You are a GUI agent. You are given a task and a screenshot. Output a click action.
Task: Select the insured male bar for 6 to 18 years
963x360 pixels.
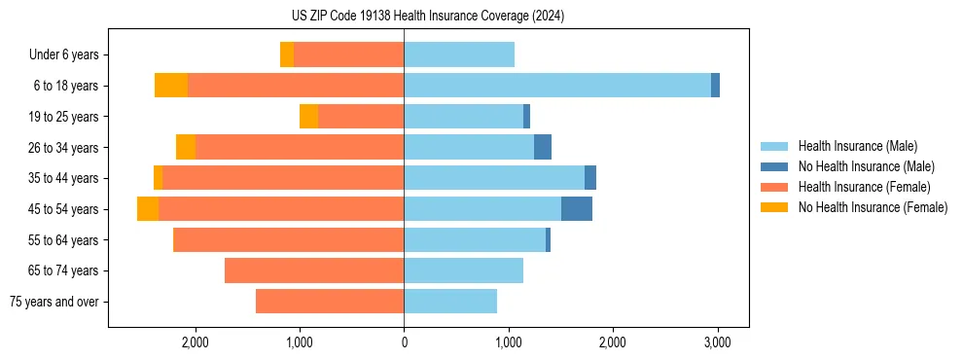[x=557, y=86]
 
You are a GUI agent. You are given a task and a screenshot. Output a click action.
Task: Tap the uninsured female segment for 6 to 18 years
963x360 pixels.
[x=171, y=86]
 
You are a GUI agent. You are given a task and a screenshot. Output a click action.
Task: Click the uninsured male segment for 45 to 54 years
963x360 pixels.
[x=577, y=209]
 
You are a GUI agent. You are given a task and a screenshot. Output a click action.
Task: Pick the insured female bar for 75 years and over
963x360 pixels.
[x=330, y=302]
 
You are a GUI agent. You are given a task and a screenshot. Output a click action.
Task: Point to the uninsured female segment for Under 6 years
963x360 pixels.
[x=287, y=54]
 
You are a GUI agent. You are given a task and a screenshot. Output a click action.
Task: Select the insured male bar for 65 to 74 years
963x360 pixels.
[x=464, y=270]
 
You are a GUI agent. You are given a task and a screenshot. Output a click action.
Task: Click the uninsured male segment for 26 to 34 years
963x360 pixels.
[x=543, y=147]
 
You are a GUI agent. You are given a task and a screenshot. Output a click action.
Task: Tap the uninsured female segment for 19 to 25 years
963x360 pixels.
[x=309, y=117]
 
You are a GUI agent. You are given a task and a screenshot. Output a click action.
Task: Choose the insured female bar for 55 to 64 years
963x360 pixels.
[x=289, y=239]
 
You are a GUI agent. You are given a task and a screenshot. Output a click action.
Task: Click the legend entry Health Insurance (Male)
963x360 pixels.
[x=857, y=146]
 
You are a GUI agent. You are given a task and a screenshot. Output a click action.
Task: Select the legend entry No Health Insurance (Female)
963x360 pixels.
[x=873, y=207]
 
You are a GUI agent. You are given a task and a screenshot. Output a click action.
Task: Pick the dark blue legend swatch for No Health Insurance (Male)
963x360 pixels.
[x=775, y=166]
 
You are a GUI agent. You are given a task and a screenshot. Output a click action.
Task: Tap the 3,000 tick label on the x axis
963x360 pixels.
[x=717, y=342]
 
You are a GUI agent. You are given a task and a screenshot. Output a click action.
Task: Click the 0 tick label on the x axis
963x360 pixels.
[x=404, y=342]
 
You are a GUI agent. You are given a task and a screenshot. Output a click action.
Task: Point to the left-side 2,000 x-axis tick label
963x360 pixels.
[x=195, y=342]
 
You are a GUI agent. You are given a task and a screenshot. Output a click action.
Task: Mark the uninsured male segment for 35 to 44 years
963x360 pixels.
[x=590, y=178]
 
